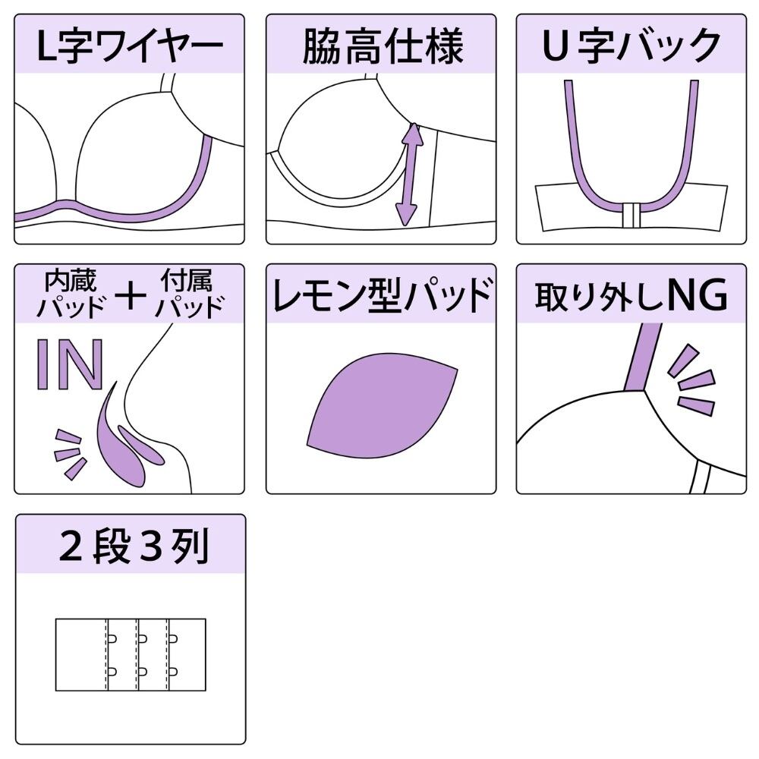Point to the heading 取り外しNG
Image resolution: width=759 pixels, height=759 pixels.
(631, 297)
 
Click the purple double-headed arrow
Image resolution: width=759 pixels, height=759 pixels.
(411, 174)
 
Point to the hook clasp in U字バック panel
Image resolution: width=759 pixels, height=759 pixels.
(631, 216)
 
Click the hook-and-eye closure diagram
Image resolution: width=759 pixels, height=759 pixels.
(131, 654)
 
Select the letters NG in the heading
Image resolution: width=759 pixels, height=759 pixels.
(697, 297)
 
